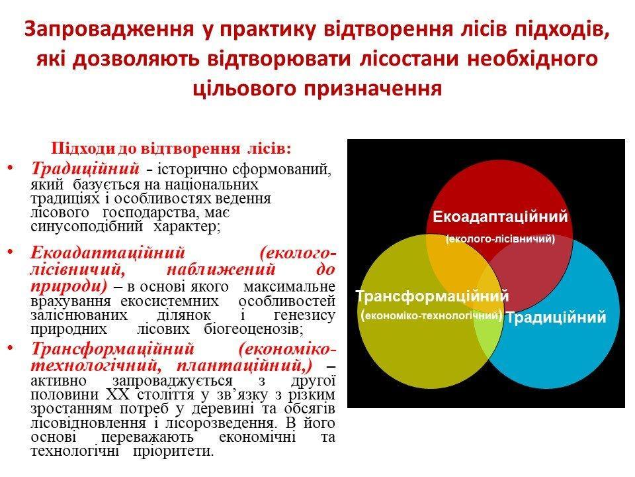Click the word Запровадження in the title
(x=109, y=29)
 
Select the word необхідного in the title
(x=532, y=58)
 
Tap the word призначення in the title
(x=372, y=87)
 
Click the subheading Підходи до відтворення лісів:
(x=171, y=148)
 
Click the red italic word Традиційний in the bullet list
(x=85, y=168)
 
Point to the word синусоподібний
(x=87, y=226)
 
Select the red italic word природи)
(x=69, y=286)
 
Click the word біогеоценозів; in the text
(x=254, y=329)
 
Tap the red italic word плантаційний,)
(x=245, y=366)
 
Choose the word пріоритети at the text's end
(x=172, y=451)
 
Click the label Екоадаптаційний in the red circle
(x=500, y=217)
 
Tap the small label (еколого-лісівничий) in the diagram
(x=500, y=239)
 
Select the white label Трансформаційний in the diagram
(x=432, y=296)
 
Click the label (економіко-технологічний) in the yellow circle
(x=431, y=315)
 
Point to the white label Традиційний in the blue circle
(x=556, y=317)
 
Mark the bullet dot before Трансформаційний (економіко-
(x=11, y=348)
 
